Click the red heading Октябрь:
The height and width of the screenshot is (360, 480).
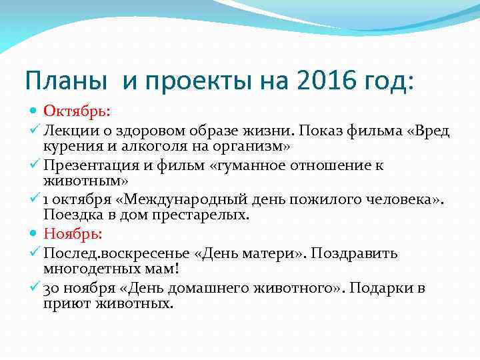75,111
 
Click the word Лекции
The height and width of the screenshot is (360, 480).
69,129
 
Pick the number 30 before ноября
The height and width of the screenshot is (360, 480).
51,289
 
